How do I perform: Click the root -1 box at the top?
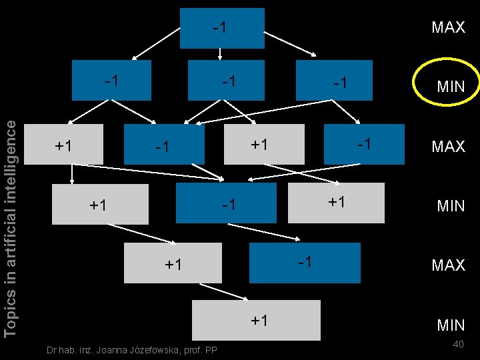222,28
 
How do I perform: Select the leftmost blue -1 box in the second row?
111,80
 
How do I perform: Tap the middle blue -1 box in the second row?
226,80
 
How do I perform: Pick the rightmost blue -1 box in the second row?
333,80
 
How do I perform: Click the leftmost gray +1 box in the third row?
63,144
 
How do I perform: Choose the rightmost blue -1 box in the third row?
364,144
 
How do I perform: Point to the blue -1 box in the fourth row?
225,203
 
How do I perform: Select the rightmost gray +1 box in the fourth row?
336,202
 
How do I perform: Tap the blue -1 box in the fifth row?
304,263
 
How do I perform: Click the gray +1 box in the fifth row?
173,263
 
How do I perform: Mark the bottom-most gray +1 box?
256,320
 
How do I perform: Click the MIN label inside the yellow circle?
450,86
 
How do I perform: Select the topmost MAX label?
448,27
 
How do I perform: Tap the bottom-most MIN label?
450,325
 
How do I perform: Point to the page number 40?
458,344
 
